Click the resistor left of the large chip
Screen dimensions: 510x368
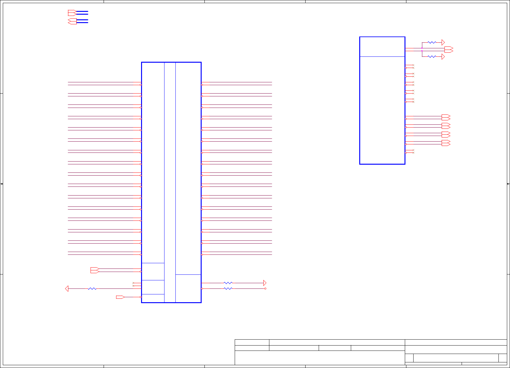(x=92, y=289)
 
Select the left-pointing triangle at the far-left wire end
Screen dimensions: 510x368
(x=66, y=289)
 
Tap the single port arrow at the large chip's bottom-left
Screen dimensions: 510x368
(x=120, y=297)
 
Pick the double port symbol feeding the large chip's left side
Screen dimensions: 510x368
(x=95, y=270)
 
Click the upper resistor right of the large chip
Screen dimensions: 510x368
(x=228, y=283)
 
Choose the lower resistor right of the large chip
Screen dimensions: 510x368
(x=228, y=288)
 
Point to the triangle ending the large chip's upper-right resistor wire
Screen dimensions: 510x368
(x=265, y=283)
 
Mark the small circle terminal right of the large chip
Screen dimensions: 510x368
(x=265, y=288)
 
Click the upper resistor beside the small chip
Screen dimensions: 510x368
(x=432, y=42)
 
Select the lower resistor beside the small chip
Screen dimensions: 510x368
(x=432, y=56)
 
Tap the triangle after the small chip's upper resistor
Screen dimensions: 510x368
(x=443, y=42)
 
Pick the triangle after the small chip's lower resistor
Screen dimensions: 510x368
(x=443, y=56)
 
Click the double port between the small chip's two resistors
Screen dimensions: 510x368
(x=449, y=49)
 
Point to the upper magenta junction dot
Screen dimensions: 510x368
(x=422, y=48)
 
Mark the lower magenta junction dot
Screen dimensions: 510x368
(x=422, y=51)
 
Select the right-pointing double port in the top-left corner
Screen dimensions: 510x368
(x=72, y=13)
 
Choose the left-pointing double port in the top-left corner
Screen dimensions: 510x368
(x=72, y=21)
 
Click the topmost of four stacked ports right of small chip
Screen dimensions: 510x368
(x=446, y=117)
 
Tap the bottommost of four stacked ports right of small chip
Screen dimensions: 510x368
(x=446, y=143)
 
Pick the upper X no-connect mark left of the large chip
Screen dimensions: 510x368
(x=133, y=283)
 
